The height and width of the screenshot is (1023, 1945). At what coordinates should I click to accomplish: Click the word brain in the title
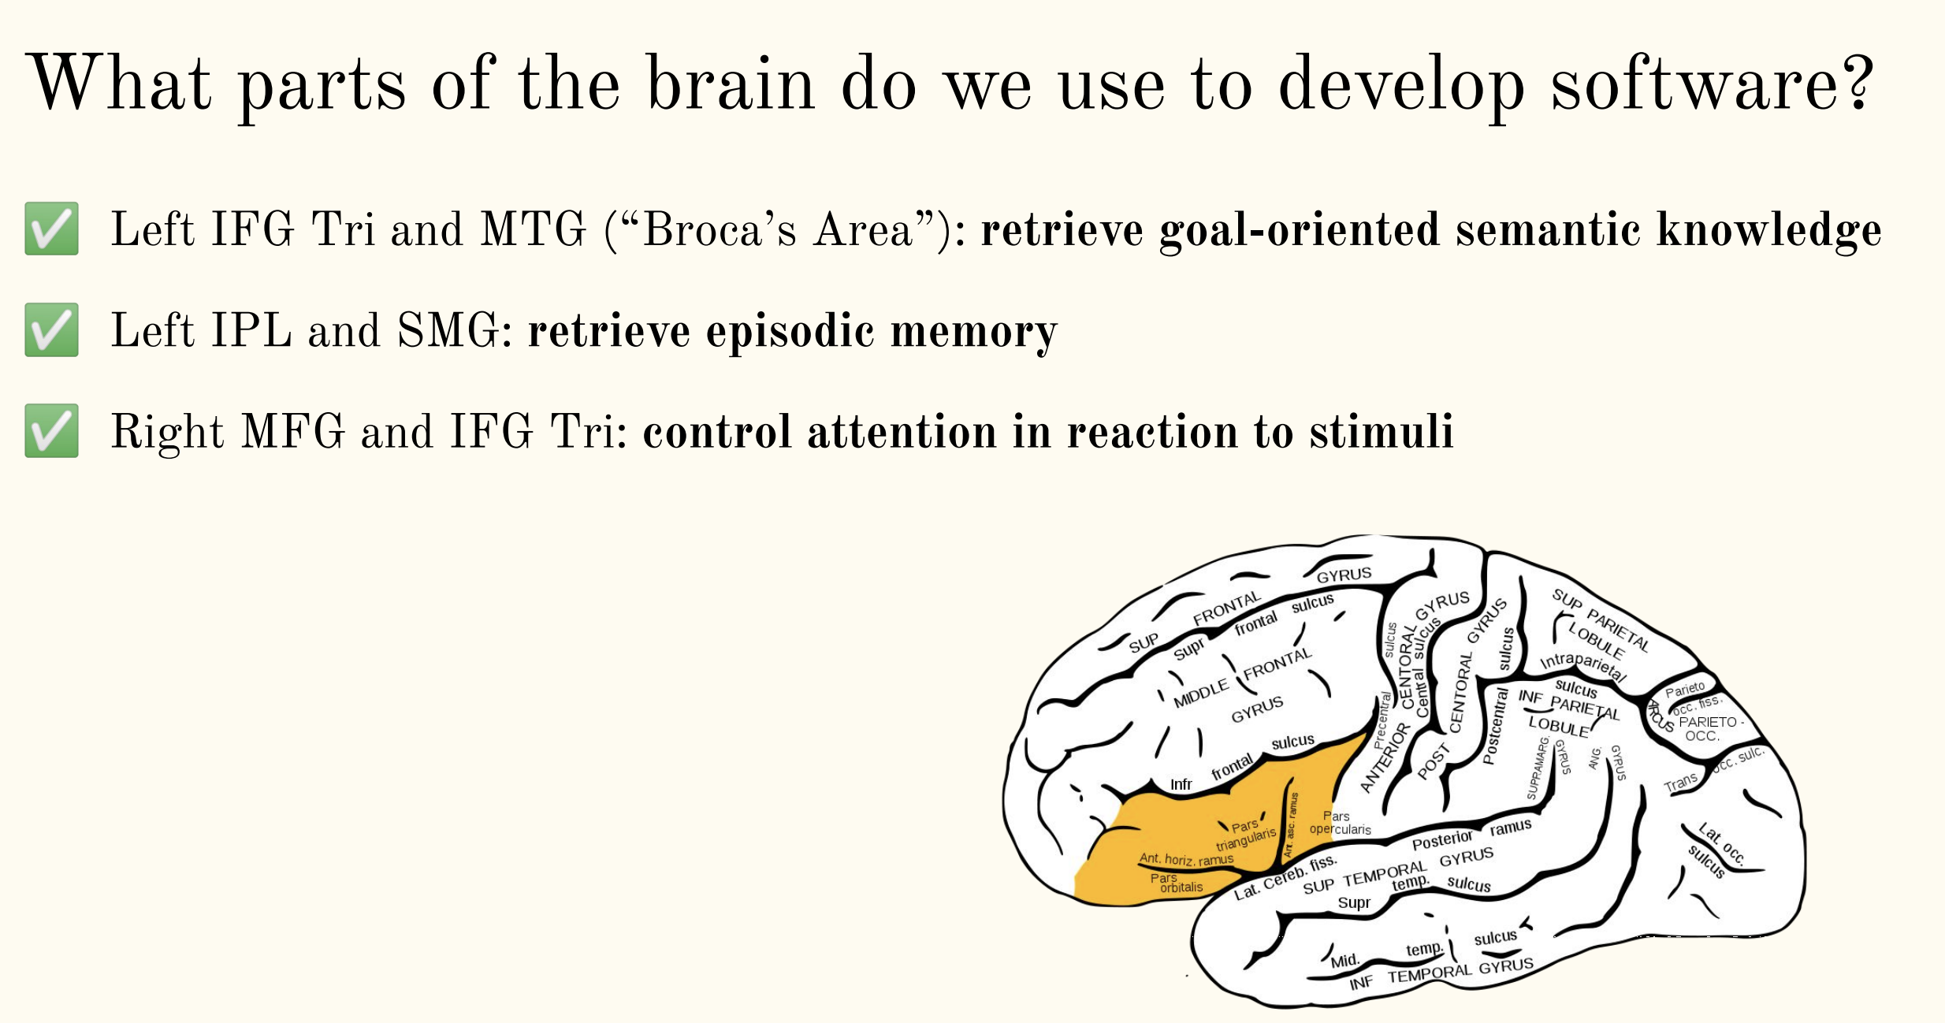(x=730, y=84)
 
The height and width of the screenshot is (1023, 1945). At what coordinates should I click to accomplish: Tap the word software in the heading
(x=1711, y=84)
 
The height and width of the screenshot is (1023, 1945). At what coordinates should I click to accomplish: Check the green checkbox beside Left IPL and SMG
(x=52, y=330)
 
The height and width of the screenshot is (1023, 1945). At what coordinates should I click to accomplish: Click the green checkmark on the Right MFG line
(x=52, y=431)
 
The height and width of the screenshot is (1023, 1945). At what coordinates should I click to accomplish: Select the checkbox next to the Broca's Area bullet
(x=52, y=229)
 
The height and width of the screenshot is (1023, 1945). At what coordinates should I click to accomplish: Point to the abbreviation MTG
(x=534, y=230)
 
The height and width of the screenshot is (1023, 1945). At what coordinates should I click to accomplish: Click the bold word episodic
(x=790, y=331)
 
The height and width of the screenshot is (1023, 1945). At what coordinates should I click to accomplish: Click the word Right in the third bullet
(x=167, y=432)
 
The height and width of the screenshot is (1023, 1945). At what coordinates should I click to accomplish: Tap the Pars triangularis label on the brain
(x=1246, y=834)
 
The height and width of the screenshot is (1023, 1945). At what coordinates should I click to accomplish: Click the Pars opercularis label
(x=1340, y=823)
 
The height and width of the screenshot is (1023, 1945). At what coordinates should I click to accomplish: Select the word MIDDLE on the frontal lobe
(x=1201, y=694)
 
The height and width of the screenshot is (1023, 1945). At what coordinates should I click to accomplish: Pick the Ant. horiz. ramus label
(x=1186, y=859)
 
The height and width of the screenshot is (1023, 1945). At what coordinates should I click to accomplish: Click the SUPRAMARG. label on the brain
(x=1538, y=768)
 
